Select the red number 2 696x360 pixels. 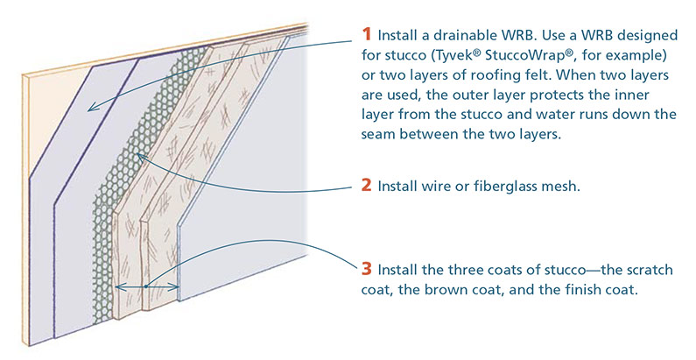click(x=366, y=186)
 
